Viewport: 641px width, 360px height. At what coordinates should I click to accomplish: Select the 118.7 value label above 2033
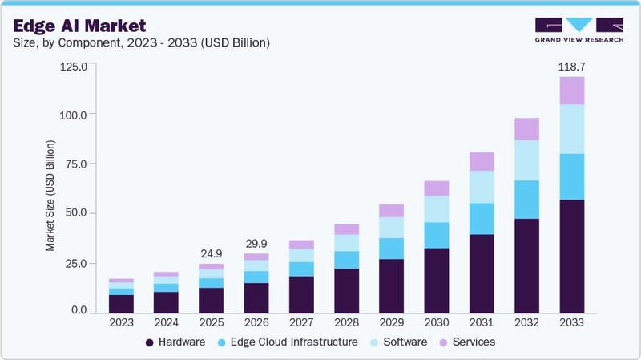(x=571, y=66)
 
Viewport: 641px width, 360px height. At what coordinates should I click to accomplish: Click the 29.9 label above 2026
(x=256, y=243)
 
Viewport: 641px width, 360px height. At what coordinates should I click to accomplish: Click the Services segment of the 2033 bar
(x=571, y=91)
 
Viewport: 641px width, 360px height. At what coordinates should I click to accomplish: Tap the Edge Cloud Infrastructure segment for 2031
(x=482, y=219)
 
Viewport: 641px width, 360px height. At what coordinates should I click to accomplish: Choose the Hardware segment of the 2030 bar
(x=436, y=279)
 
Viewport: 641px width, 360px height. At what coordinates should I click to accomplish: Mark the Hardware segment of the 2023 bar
(x=121, y=303)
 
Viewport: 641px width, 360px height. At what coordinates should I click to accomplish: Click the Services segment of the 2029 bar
(x=391, y=210)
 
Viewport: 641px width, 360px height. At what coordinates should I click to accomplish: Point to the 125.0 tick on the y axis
(x=78, y=67)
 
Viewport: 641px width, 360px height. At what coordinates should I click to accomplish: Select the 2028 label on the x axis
(x=346, y=322)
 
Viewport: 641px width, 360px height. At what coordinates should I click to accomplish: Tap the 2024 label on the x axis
(x=166, y=322)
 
